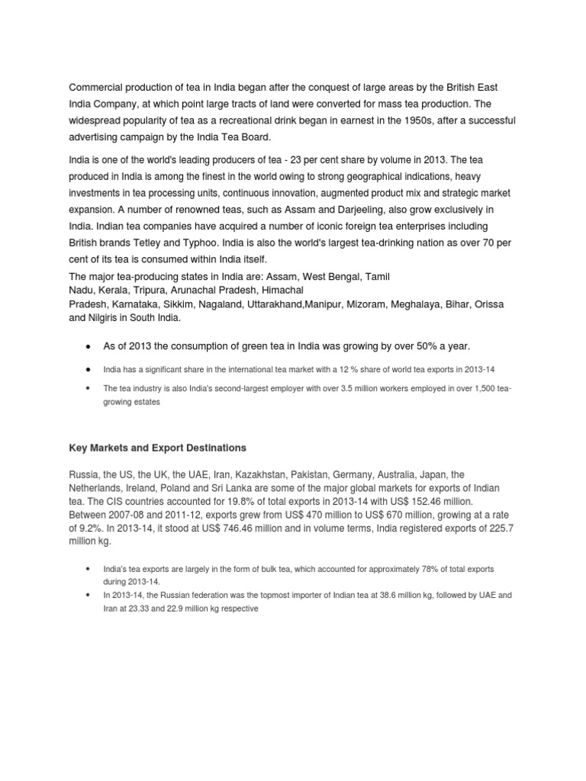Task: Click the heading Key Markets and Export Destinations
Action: click(x=157, y=447)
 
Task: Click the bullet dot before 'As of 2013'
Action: click(x=89, y=347)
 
